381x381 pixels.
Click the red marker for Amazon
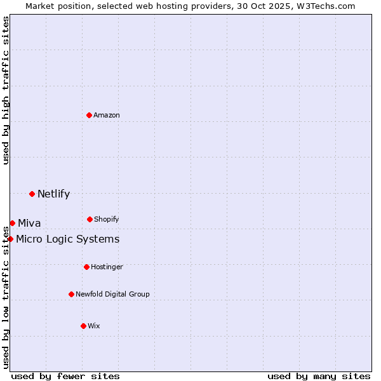tap(90, 115)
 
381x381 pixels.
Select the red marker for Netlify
tap(32, 194)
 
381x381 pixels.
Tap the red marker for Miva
tap(12, 223)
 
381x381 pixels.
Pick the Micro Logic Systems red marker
tap(10, 239)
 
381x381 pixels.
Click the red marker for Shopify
tap(90, 219)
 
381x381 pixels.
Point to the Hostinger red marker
tap(86, 267)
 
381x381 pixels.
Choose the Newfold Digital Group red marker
tap(71, 294)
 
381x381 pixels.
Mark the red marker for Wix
tap(83, 326)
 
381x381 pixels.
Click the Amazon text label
tap(107, 115)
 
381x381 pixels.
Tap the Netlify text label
tap(53, 194)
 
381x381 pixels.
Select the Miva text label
tap(29, 223)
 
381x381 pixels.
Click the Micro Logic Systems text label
tap(67, 239)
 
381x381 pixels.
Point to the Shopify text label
tap(107, 219)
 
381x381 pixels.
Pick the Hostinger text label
tap(107, 267)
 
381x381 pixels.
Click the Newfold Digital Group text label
tap(112, 294)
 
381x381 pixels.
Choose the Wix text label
tap(94, 326)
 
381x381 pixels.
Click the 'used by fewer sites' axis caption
tap(65, 376)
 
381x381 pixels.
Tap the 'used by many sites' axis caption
tap(319, 376)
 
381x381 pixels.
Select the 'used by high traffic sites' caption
tap(6, 90)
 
